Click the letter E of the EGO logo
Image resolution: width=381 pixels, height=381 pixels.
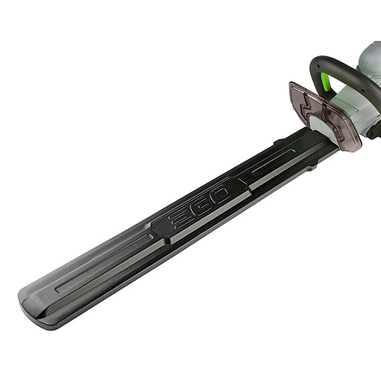(x=180, y=220)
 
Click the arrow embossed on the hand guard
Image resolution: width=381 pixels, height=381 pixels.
(x=304, y=102)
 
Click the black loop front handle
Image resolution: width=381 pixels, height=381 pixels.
(x=345, y=73)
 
